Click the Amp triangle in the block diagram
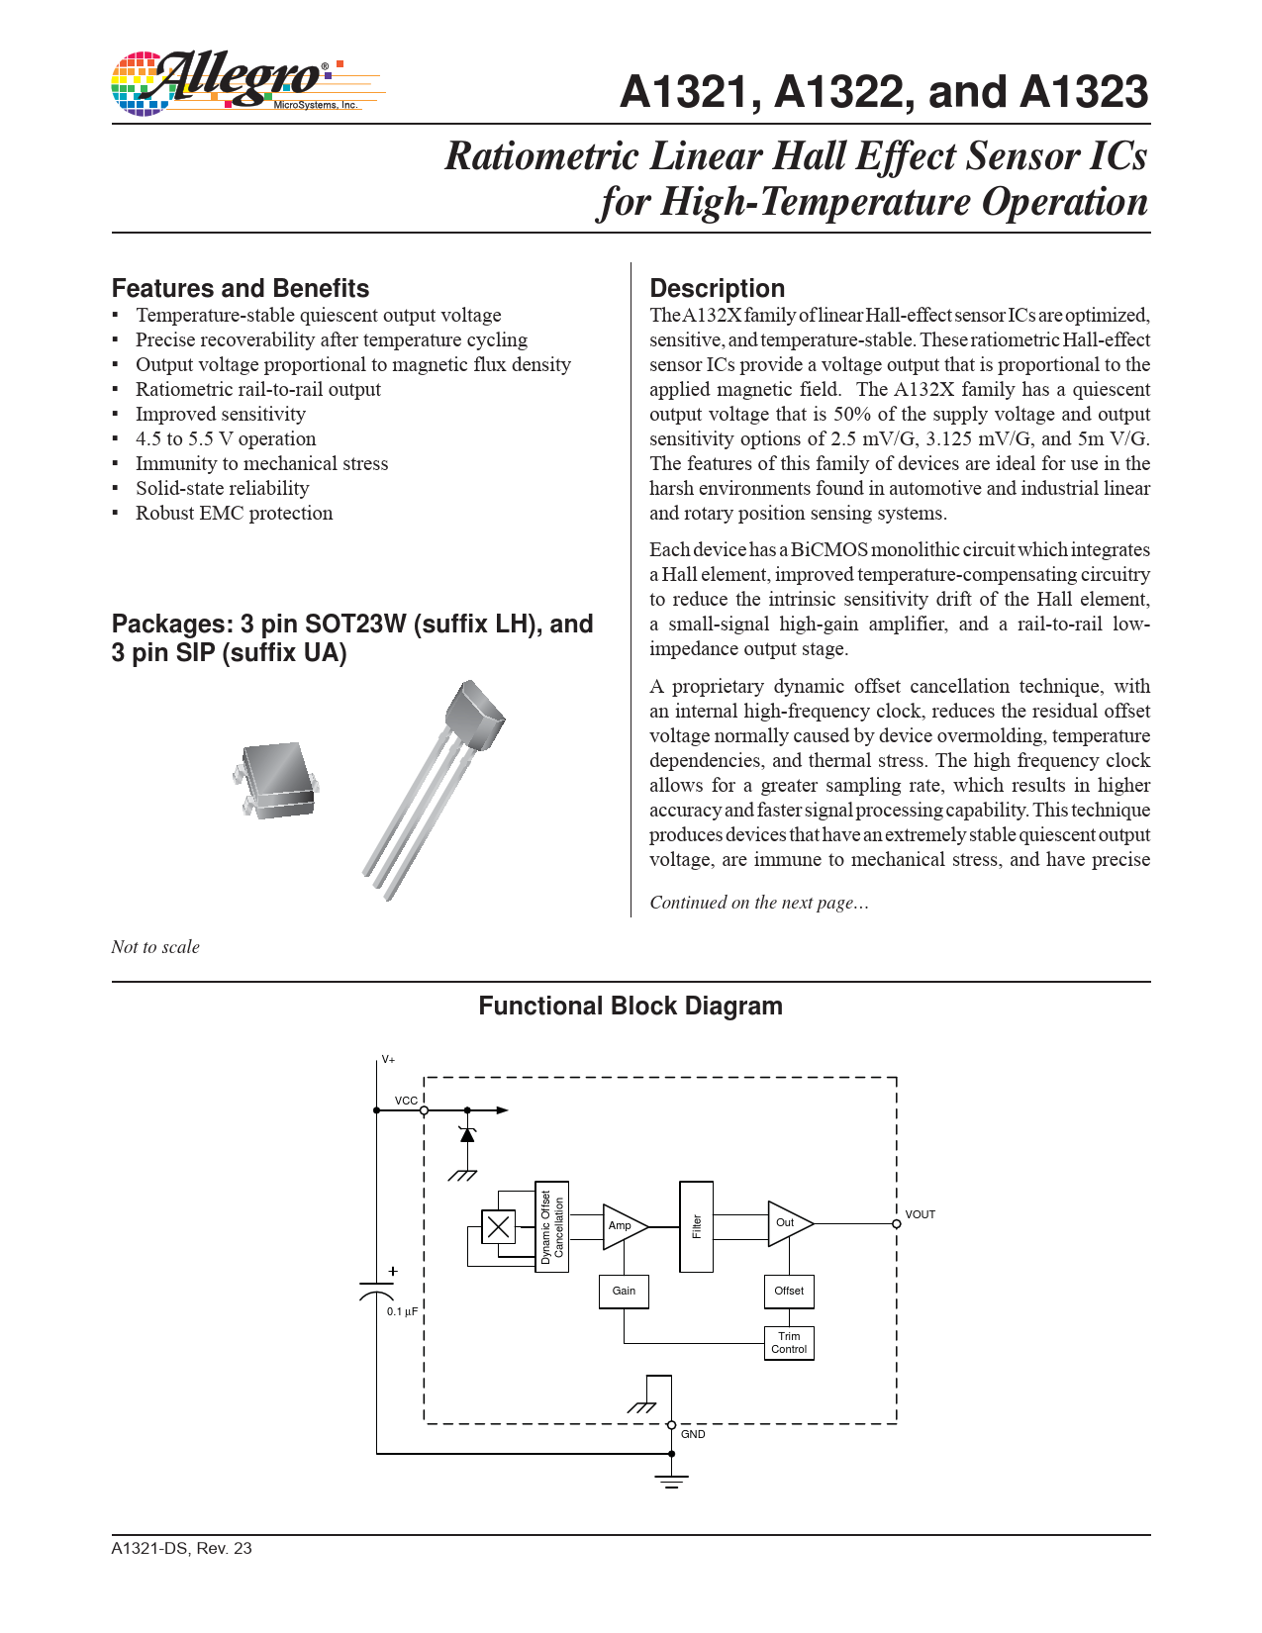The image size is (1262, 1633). pos(622,1226)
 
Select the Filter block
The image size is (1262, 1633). pos(696,1226)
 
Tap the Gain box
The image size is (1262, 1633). pos(624,1291)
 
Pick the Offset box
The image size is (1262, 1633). pos(789,1291)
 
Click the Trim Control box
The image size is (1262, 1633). pos(789,1343)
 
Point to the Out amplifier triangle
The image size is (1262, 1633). pos(787,1223)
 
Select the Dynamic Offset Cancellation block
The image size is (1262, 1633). pos(551,1227)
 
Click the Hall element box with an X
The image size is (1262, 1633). pos(498,1227)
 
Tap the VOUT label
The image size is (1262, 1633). pos(920,1214)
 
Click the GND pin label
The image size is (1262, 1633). pos(693,1434)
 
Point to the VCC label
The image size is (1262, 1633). pos(406,1101)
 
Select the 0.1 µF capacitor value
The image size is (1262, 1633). pos(402,1311)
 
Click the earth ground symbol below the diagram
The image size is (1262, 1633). pos(671,1480)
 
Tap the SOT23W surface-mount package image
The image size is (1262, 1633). pos(276,779)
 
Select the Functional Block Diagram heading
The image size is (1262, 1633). pos(631,1007)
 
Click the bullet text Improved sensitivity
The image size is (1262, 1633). pos(221,414)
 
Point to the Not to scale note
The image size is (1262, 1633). pos(155,947)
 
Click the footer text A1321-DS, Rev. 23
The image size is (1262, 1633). pos(181,1548)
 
